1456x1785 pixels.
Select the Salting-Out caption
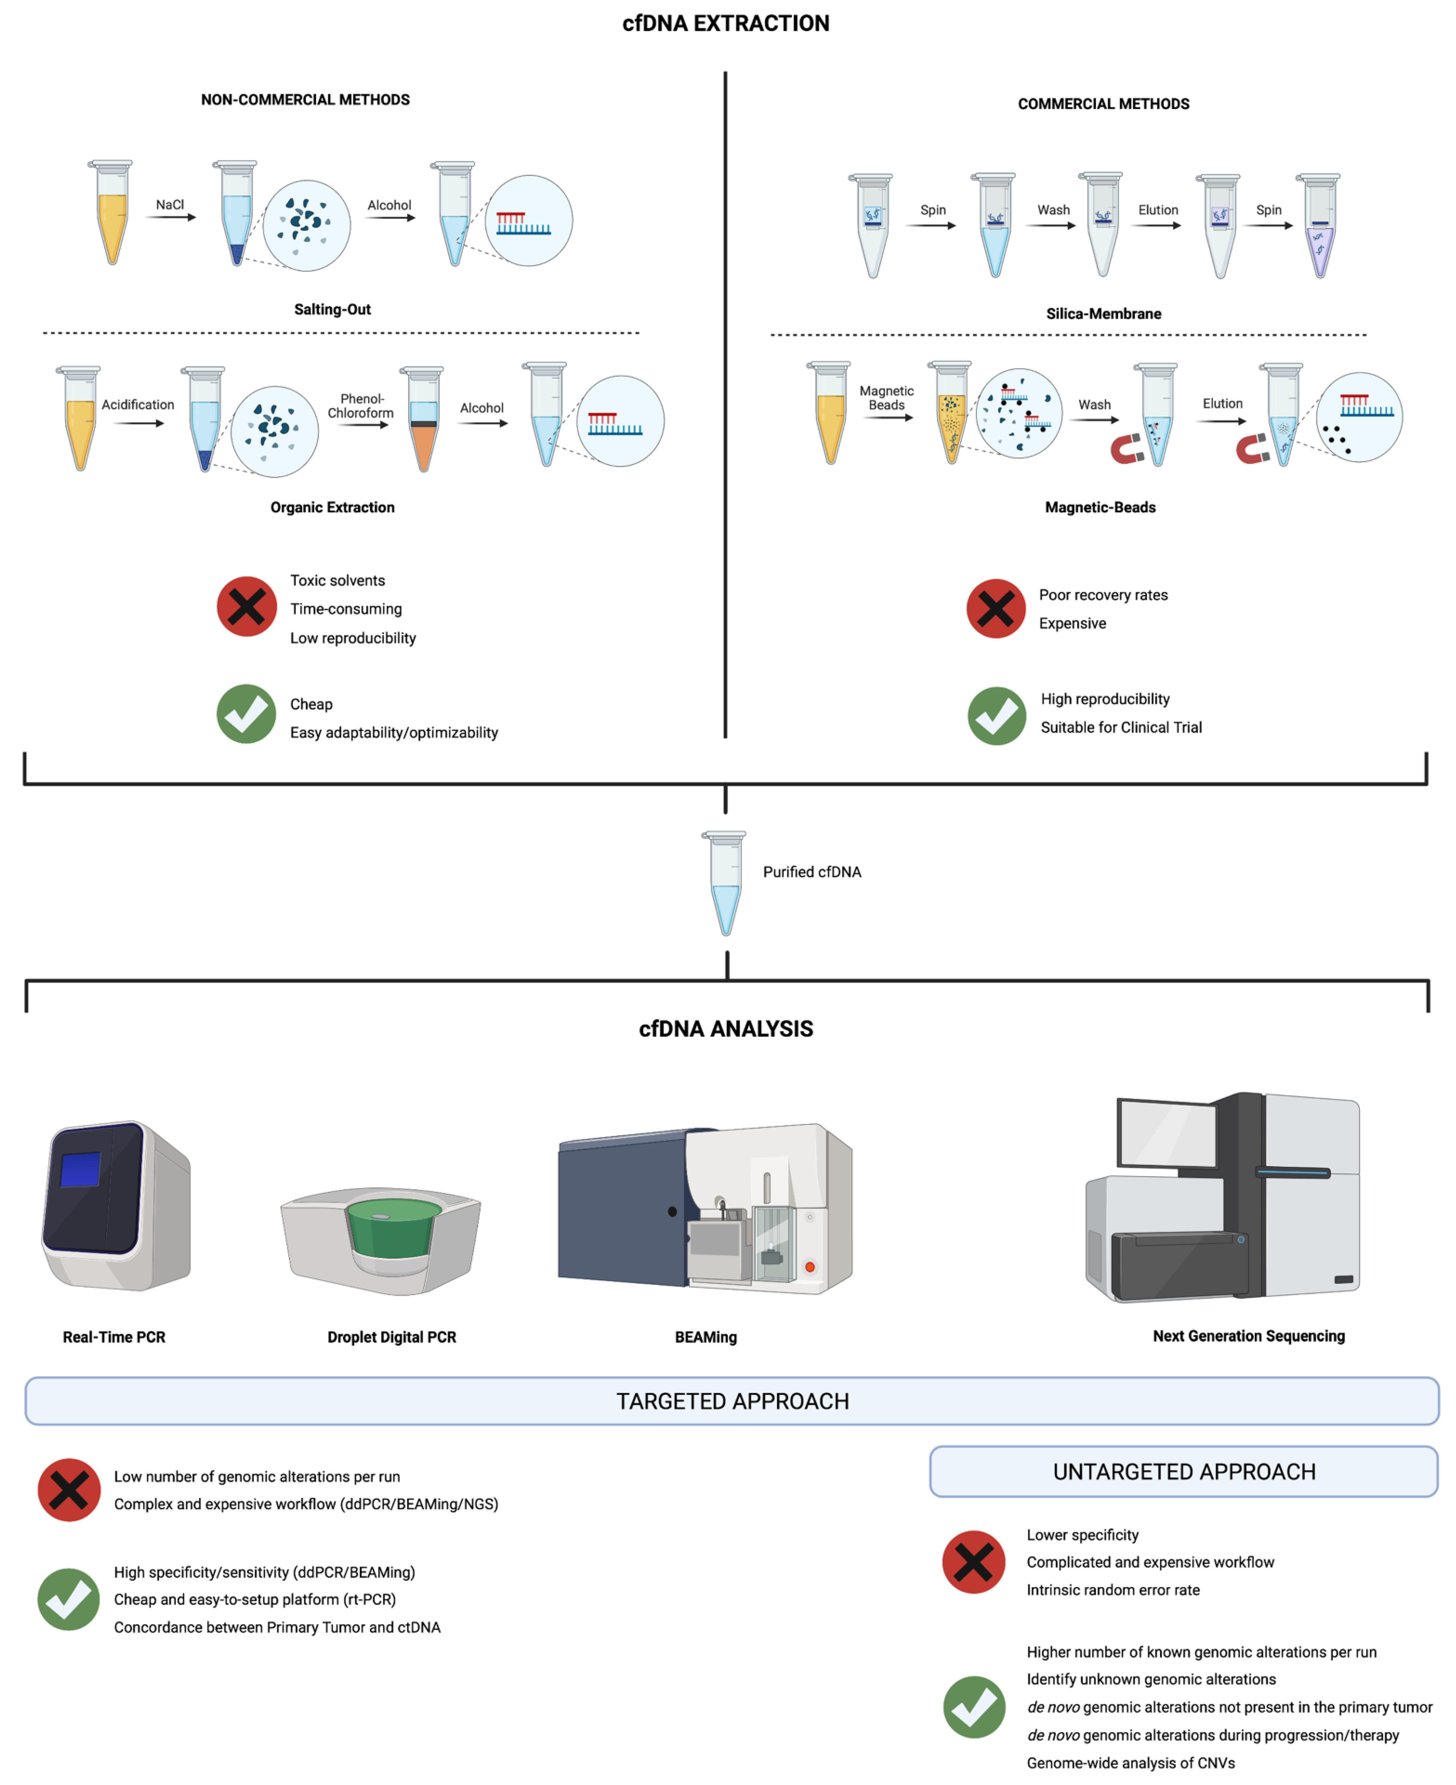tap(332, 309)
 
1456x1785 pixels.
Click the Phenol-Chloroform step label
tap(361, 406)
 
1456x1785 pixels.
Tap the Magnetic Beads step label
tap(886, 398)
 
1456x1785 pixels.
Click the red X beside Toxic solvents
tap(247, 606)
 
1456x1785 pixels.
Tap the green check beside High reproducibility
tap(996, 716)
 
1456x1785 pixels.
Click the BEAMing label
tap(705, 1337)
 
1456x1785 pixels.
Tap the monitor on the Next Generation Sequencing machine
tap(1167, 1134)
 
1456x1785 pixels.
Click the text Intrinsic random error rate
tap(1113, 1590)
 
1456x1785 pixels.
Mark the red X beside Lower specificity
tap(974, 1562)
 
